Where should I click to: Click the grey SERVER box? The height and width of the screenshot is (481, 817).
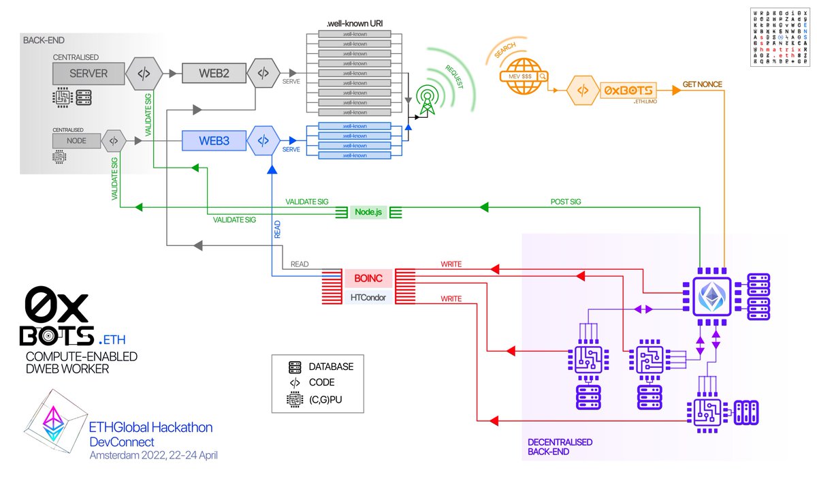point(89,73)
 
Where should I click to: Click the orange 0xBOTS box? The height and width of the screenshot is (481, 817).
point(627,90)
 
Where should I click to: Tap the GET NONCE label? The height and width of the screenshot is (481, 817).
point(702,84)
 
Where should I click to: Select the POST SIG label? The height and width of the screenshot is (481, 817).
point(565,201)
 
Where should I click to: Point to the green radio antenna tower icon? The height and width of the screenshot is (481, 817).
point(428,99)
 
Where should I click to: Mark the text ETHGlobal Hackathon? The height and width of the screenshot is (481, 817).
point(151,427)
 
